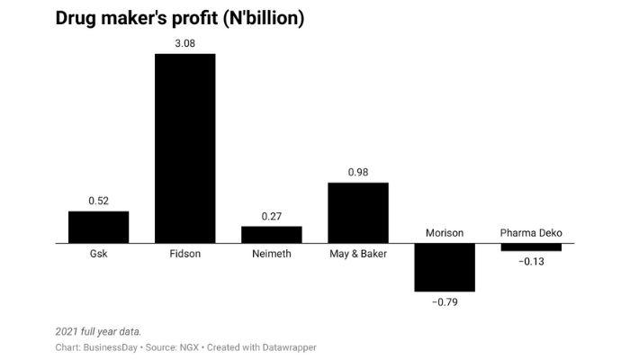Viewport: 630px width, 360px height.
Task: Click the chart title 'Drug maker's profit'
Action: click(x=179, y=18)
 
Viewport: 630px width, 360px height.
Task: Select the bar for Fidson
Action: click(x=184, y=148)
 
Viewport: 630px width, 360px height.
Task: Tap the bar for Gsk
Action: click(x=98, y=227)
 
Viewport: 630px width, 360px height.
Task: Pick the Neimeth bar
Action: click(x=271, y=234)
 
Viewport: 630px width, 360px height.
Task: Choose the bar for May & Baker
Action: click(x=357, y=212)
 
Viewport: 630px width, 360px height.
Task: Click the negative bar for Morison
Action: click(x=444, y=267)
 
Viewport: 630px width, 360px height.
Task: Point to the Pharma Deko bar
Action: click(x=530, y=247)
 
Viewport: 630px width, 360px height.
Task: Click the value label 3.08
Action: click(x=184, y=42)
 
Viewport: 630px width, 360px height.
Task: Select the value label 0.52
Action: click(x=98, y=200)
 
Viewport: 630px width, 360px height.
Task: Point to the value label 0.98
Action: click(x=357, y=172)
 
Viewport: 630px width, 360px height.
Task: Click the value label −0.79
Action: click(x=444, y=302)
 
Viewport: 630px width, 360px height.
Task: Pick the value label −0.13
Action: click(x=530, y=262)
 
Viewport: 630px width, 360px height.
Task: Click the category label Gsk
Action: click(x=98, y=255)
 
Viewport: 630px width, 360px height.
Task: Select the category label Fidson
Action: click(x=184, y=255)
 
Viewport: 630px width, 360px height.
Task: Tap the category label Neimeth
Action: click(x=271, y=255)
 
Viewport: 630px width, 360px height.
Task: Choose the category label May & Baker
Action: click(x=357, y=255)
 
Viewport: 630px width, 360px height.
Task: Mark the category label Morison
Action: click(x=444, y=233)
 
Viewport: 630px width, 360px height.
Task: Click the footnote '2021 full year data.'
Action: click(x=98, y=331)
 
